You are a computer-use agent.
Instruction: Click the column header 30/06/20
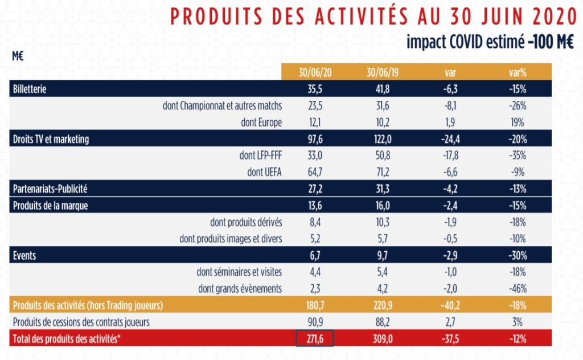click(x=314, y=73)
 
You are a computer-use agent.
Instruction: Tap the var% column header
click(x=517, y=73)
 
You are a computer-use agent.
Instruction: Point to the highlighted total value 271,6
click(x=314, y=339)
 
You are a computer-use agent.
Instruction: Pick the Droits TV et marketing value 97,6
click(x=314, y=139)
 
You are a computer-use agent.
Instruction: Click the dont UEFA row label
click(x=262, y=172)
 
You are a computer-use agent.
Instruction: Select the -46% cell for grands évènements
click(x=517, y=289)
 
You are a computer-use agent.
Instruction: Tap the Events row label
click(x=24, y=256)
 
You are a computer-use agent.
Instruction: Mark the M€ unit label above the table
click(x=18, y=56)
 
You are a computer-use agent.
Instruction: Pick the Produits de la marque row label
click(x=51, y=206)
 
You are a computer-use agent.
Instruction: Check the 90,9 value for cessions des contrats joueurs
click(x=314, y=322)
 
